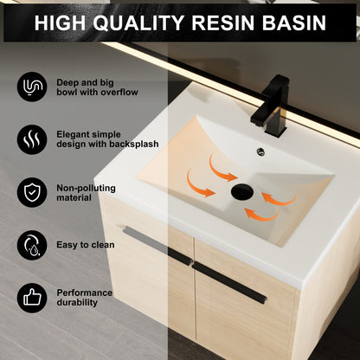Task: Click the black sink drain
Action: point(240,190)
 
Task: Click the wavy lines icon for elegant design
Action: point(32,138)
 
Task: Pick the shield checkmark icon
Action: point(32,191)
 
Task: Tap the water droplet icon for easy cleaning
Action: point(32,245)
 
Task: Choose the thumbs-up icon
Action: point(32,299)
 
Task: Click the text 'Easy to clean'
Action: point(86,245)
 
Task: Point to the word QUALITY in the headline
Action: point(150,22)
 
